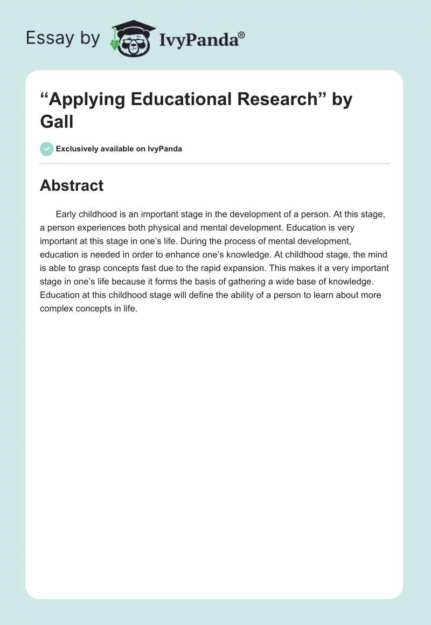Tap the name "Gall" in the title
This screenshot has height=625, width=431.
pyautogui.click(x=57, y=122)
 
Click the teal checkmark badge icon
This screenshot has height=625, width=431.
pyautogui.click(x=46, y=149)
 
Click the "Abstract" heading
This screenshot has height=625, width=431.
pyautogui.click(x=72, y=185)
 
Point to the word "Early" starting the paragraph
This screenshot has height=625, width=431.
pyautogui.click(x=66, y=214)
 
